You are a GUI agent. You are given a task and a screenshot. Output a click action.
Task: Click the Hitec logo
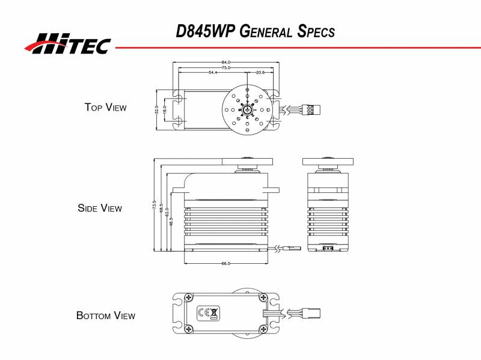coord(67,43)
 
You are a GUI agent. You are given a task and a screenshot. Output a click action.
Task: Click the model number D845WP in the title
coord(204,31)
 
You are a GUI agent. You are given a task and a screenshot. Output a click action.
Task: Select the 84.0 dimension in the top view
coord(226,63)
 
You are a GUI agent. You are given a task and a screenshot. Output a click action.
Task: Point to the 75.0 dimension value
coord(226,68)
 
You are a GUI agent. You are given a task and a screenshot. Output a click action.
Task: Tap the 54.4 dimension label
coord(213,73)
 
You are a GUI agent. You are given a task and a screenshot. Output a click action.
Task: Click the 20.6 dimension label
coord(260,73)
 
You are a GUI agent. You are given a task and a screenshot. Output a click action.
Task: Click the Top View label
coord(105,108)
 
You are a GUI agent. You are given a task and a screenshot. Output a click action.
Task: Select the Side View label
coord(100,209)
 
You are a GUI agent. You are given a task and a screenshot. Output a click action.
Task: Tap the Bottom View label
coord(106,316)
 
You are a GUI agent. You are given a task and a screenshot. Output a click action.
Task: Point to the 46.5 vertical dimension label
coord(171,221)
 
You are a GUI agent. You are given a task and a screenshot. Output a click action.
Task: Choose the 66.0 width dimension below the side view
coord(226,263)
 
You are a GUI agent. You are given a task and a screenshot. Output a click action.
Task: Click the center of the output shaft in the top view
coord(247,110)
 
